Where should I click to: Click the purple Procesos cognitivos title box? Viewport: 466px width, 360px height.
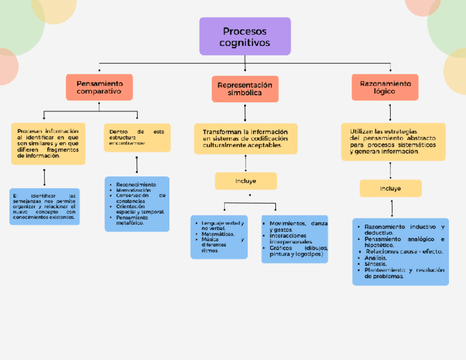245,36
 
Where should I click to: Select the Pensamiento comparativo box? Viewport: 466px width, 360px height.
99,87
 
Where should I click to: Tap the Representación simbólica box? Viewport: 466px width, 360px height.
245,89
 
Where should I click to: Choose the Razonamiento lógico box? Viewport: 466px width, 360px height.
385,87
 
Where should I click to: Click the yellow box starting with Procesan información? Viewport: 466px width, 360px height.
48,143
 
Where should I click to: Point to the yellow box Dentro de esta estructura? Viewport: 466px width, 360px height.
137,137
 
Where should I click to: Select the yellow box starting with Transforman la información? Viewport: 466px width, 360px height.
245,139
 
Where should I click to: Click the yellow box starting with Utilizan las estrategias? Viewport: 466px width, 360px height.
393,142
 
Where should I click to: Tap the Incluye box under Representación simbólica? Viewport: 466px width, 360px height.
246,181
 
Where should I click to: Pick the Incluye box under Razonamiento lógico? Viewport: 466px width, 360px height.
390,189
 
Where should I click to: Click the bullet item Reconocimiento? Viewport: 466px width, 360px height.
136,185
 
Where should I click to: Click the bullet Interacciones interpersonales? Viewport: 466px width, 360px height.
291,239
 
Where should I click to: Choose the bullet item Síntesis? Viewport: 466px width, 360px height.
375,264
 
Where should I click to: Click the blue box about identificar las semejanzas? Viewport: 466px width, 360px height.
44,207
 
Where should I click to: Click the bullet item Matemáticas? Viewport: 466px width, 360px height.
218,234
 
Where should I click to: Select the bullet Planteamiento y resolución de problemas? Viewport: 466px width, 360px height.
403,273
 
